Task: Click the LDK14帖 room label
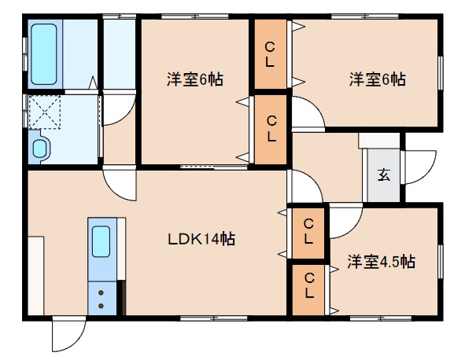tap(201, 239)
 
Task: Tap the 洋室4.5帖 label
tap(381, 262)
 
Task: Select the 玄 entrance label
tap(384, 174)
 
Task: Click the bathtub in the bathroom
tap(44, 54)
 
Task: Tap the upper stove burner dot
tap(101, 292)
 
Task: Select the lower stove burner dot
tap(101, 306)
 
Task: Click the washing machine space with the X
tap(45, 112)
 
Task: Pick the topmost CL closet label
tap(270, 54)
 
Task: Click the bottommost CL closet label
tap(308, 285)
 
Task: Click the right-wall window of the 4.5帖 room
tap(441, 261)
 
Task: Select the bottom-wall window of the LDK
tap(214, 318)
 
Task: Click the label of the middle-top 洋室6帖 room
tap(195, 79)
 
